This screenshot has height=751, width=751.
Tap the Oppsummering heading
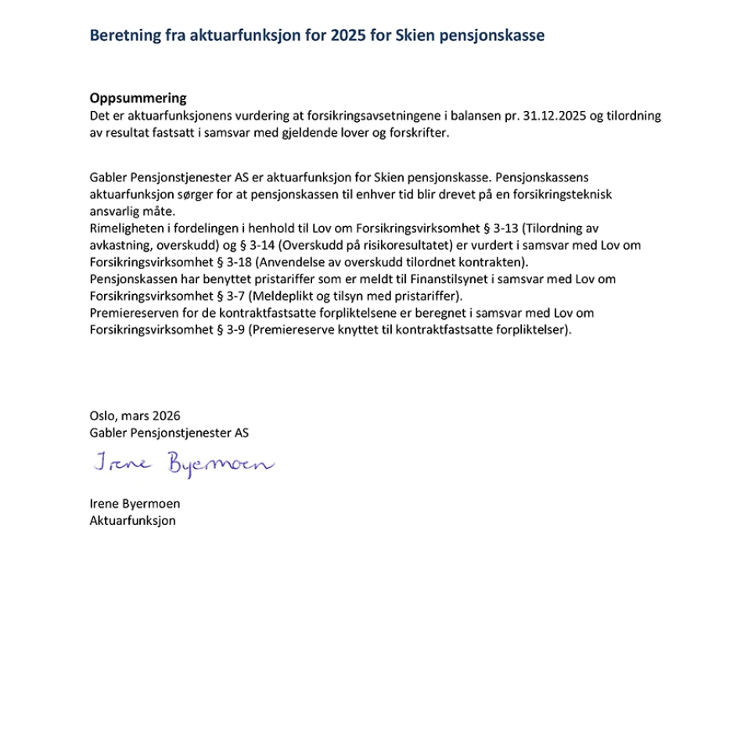138,99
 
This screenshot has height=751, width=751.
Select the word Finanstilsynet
444,279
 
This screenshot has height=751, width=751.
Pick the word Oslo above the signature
102,416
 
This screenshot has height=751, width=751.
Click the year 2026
166,416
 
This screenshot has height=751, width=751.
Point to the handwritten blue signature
183,465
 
